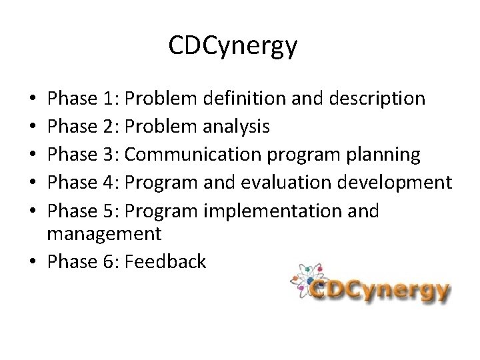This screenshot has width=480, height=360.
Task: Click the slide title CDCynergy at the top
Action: pyautogui.click(x=233, y=47)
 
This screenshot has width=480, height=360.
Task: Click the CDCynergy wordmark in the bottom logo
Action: pyautogui.click(x=380, y=291)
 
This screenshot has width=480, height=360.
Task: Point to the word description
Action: pyautogui.click(x=373, y=99)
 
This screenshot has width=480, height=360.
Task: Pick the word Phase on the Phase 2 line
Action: pyautogui.click(x=73, y=127)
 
